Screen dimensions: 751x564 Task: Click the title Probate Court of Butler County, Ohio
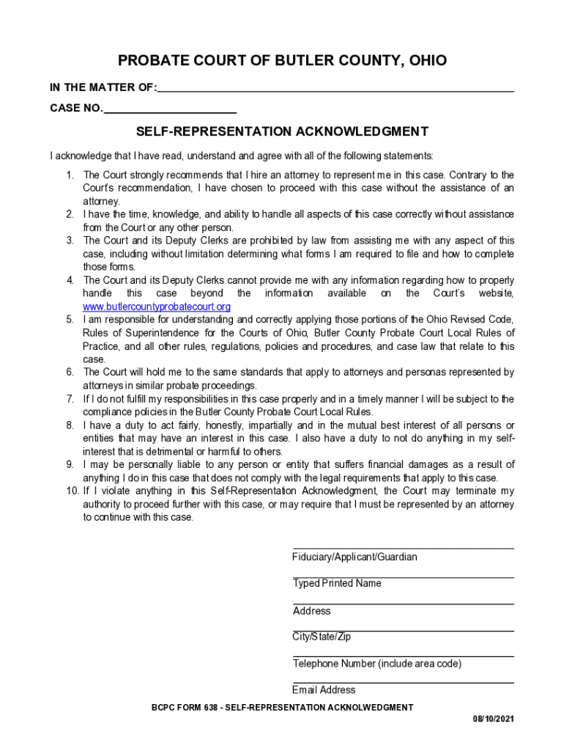(282, 60)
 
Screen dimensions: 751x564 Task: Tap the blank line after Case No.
(170, 111)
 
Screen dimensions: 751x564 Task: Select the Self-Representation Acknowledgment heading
(282, 132)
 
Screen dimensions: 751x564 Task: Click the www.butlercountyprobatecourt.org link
(157, 307)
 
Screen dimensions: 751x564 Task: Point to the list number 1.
(70, 175)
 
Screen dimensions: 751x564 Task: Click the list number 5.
(70, 320)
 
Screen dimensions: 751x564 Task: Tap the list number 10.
(68, 491)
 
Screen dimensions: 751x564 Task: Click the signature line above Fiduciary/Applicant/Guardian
(403, 548)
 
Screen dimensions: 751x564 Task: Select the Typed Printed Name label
(337, 584)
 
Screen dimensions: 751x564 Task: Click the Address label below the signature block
(311, 611)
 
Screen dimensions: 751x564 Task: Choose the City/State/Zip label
(322, 637)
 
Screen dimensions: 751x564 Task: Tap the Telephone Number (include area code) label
(376, 664)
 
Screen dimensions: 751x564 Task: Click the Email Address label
(324, 690)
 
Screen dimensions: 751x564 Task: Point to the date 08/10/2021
(493, 719)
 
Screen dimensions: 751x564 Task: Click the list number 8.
(70, 425)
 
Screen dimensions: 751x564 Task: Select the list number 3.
(70, 241)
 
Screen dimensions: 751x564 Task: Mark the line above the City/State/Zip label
(403, 631)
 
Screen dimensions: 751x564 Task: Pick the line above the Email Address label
(403, 684)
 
